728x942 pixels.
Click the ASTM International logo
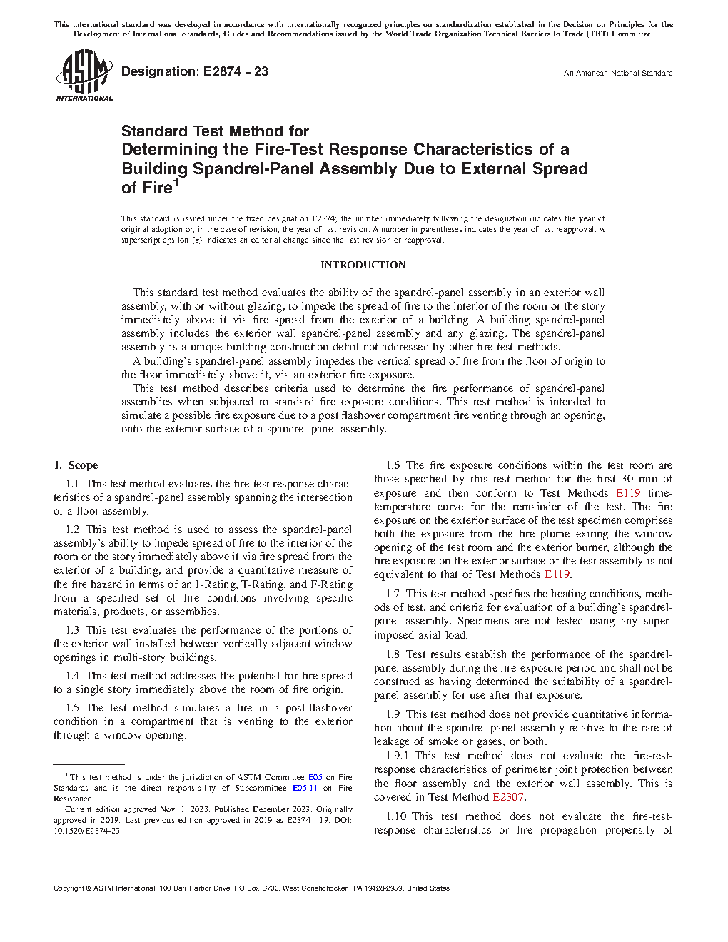pyautogui.click(x=84, y=75)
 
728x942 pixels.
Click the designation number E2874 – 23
pyautogui.click(x=236, y=71)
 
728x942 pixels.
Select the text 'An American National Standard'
pyautogui.click(x=618, y=73)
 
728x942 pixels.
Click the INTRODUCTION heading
pyautogui.click(x=363, y=265)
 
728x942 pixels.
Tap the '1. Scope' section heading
pyautogui.click(x=76, y=465)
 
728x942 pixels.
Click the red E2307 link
pyautogui.click(x=508, y=797)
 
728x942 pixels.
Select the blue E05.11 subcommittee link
pyautogui.click(x=305, y=788)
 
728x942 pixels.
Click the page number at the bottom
pyautogui.click(x=363, y=906)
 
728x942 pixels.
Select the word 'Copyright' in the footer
pyautogui.click(x=69, y=888)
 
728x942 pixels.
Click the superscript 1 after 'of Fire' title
pyautogui.click(x=176, y=183)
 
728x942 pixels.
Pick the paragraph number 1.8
pyautogui.click(x=393, y=654)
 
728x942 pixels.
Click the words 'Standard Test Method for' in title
pyautogui.click(x=215, y=131)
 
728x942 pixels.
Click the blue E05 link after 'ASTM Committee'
pyautogui.click(x=315, y=777)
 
